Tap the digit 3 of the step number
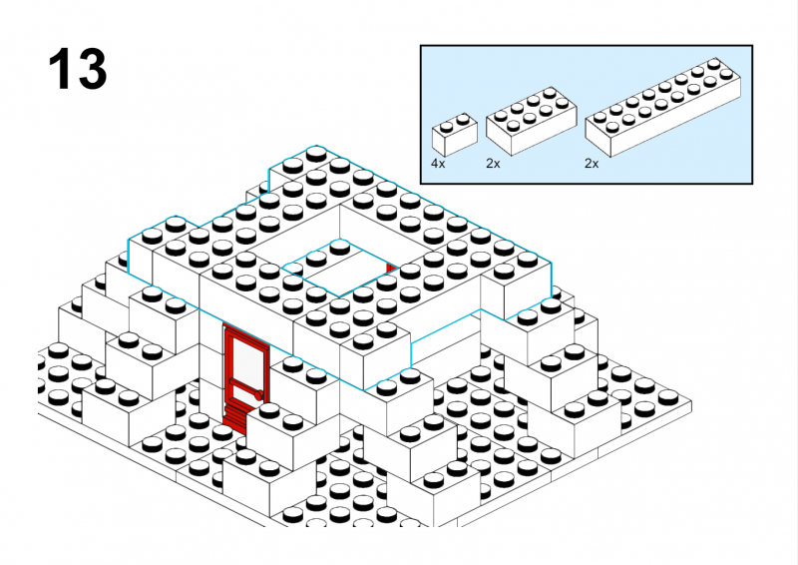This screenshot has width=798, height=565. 91,69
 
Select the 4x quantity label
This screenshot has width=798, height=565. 438,164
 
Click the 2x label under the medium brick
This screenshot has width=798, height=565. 493,164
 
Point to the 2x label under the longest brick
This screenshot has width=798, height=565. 592,164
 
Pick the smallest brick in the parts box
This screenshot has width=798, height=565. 455,135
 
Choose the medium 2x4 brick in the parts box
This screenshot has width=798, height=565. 531,121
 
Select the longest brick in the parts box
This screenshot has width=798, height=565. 662,108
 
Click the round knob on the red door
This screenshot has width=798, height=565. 259,394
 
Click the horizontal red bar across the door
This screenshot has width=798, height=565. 244,386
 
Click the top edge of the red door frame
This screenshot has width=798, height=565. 246,335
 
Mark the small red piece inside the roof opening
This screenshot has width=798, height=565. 390,269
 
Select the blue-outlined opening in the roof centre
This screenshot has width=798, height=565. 339,268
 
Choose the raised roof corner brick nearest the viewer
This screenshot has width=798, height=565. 376,351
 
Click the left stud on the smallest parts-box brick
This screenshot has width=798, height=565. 446,127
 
